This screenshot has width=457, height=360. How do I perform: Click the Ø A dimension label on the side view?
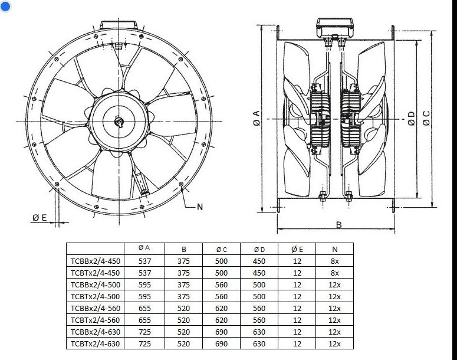256,118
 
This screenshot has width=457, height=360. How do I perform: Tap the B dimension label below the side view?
338,225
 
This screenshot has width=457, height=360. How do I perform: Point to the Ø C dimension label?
426,118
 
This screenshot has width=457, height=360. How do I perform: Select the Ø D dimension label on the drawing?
411,118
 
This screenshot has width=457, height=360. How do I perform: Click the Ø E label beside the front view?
40,218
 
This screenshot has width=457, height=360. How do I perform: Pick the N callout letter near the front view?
199,207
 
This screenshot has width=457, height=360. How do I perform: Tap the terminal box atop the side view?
334,25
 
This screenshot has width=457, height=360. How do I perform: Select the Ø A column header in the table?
144,249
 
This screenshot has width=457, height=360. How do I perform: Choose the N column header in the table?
334,249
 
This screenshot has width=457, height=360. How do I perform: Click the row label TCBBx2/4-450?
95,261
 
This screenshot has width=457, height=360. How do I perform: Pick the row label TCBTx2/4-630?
95,343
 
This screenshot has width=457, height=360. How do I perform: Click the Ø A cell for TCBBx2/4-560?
144,308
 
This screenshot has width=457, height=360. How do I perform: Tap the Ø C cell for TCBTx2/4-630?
221,343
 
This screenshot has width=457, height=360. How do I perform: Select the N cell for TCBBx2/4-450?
334,261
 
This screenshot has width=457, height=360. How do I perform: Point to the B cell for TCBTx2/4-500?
183,296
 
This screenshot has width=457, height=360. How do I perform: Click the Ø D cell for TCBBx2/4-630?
259,332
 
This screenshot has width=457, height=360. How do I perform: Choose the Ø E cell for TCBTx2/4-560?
297,320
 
